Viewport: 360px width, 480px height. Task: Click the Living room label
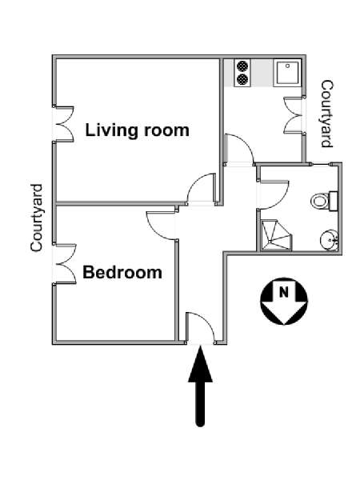tap(137, 130)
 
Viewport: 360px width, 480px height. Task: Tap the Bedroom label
tap(122, 272)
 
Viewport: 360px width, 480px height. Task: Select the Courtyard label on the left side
tap(37, 218)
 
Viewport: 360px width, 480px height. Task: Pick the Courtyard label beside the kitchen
tap(326, 114)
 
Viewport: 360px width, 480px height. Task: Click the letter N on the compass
tap(284, 292)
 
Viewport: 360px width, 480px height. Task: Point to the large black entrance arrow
tap(200, 386)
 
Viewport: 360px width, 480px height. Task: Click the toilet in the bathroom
tap(324, 201)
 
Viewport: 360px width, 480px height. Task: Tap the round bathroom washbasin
tap(329, 240)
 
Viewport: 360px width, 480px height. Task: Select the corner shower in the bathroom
tap(276, 235)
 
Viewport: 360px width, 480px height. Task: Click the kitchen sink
tap(287, 73)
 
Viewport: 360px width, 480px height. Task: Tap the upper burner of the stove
tap(242, 66)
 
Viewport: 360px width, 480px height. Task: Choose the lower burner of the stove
tap(242, 79)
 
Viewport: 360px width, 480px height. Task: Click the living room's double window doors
tap(63, 124)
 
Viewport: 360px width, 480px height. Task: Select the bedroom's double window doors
tap(64, 264)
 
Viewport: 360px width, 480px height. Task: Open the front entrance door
tap(200, 327)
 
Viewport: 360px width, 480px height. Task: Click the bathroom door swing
tap(274, 195)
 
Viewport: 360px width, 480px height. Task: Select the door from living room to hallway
tap(202, 189)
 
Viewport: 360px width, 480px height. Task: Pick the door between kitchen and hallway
tap(239, 150)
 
